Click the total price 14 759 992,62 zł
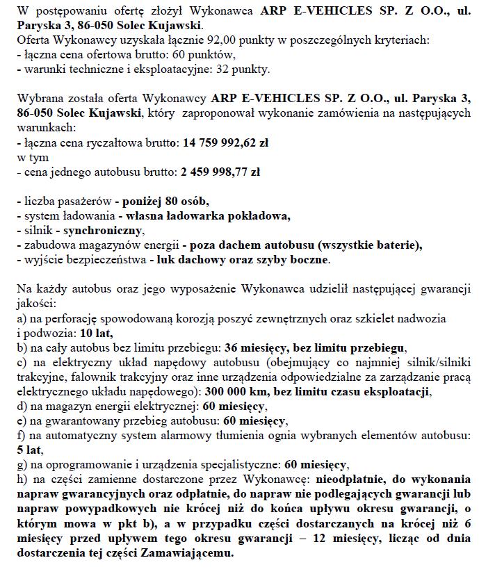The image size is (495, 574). tap(226, 143)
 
